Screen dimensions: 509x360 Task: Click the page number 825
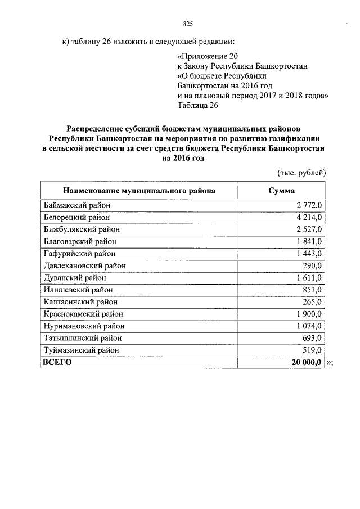(188, 24)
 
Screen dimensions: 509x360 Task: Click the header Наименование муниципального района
(139, 191)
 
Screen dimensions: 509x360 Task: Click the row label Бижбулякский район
(82, 229)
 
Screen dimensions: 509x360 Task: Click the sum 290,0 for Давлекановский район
(311, 265)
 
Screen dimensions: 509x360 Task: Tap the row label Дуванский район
(75, 278)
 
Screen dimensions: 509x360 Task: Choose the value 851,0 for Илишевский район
(311, 290)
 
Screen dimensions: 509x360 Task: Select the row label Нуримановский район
(84, 326)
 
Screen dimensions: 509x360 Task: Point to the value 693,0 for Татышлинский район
(311, 338)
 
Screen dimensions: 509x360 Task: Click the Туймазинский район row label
(81, 350)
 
